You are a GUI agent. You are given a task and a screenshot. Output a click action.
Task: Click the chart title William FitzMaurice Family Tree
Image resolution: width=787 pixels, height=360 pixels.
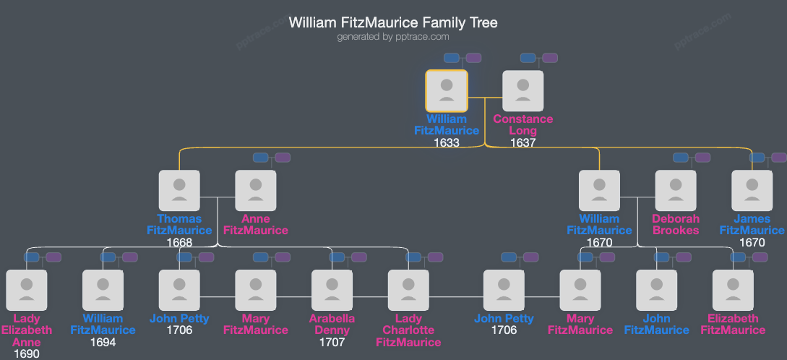click(393, 22)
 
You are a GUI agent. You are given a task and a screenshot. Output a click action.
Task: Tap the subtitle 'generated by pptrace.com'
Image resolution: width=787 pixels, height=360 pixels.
click(393, 37)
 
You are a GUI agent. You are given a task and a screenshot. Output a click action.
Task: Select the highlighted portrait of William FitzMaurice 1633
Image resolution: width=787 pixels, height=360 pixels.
click(447, 90)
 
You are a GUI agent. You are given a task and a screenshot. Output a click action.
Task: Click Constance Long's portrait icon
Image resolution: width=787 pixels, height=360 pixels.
click(523, 90)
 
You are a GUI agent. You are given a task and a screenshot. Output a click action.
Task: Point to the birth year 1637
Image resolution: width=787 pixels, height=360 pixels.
click(523, 142)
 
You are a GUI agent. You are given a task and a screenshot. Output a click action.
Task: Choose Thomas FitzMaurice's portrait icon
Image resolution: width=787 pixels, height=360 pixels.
click(179, 191)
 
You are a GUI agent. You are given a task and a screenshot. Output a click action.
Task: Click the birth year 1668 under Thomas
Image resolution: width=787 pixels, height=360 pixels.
click(179, 242)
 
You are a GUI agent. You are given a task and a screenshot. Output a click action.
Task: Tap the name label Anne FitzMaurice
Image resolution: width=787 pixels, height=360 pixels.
click(256, 225)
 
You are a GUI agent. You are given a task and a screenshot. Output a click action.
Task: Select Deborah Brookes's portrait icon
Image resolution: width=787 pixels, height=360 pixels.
click(676, 191)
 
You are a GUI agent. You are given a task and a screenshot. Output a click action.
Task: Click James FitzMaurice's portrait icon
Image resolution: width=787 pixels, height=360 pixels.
click(752, 191)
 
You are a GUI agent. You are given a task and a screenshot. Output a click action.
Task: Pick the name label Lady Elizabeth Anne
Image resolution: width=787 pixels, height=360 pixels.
click(26, 330)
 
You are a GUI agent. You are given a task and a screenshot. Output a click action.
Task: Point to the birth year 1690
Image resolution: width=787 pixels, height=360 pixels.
click(26, 353)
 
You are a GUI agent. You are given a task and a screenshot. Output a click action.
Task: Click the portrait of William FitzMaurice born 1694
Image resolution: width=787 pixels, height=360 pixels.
click(103, 290)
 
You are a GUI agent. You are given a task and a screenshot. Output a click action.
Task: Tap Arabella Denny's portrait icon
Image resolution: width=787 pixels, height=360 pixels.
click(332, 290)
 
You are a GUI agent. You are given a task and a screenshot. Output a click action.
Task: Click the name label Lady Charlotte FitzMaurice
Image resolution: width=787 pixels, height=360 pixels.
click(409, 330)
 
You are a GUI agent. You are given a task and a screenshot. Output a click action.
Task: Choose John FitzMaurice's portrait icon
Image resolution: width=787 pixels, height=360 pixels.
click(657, 290)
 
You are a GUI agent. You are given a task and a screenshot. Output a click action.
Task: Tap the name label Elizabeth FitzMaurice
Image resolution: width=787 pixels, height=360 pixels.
click(734, 325)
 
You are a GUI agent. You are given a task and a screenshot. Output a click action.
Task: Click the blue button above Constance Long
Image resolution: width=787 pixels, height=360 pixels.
click(528, 58)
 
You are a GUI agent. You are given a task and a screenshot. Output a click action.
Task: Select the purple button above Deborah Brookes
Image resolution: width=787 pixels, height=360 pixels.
click(702, 158)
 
